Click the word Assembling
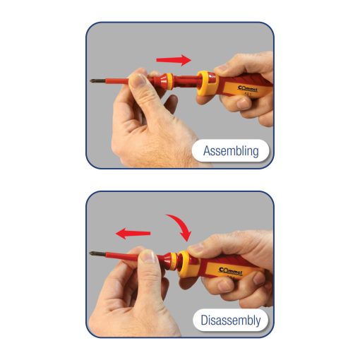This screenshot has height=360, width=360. (x=231, y=151)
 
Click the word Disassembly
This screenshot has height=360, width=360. (x=231, y=320)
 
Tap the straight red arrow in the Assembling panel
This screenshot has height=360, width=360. (x=174, y=60)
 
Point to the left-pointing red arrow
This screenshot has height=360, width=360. (x=133, y=233)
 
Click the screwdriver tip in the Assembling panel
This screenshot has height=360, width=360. (x=95, y=81)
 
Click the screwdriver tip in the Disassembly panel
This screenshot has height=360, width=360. (x=95, y=253)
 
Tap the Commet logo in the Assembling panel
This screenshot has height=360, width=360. (x=248, y=89)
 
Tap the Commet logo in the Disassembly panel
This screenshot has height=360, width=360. (x=230, y=271)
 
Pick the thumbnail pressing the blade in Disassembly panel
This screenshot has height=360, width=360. (x=148, y=256)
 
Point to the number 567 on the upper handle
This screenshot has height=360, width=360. (x=248, y=95)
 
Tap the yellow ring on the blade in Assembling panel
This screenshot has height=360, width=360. (x=169, y=81)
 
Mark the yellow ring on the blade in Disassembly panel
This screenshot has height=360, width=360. (x=174, y=261)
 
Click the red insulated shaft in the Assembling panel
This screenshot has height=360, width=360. (x=117, y=81)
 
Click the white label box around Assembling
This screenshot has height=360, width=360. (x=231, y=150)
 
